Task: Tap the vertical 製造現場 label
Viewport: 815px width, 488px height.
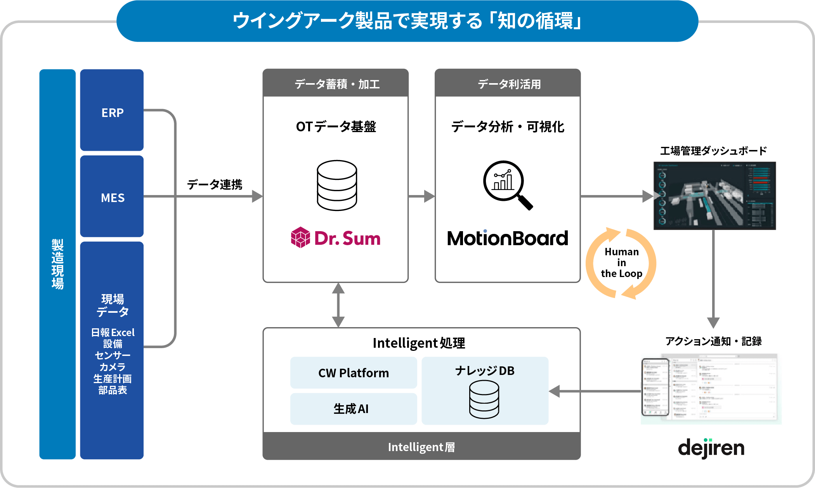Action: point(57,264)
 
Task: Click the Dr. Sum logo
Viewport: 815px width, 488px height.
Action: point(336,238)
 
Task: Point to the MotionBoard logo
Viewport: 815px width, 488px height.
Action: point(507,238)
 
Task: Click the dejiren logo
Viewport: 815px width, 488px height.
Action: point(711,448)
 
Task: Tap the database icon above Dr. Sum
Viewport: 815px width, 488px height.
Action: point(336,185)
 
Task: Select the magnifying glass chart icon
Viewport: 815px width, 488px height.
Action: point(506,184)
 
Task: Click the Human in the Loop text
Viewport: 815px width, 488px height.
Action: point(621,263)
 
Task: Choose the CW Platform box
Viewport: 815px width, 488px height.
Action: point(353,373)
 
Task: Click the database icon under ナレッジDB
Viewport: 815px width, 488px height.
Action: point(484,399)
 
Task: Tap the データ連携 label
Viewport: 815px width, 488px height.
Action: point(215,184)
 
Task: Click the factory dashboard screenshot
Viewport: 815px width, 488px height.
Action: point(714,195)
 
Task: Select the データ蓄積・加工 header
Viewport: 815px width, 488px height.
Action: point(336,84)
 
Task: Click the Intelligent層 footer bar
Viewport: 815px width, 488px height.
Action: point(421,447)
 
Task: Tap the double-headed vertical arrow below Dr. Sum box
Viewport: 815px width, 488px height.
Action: point(338,305)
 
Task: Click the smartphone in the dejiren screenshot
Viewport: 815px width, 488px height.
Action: point(655,387)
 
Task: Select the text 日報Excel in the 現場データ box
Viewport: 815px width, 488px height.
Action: point(113,333)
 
